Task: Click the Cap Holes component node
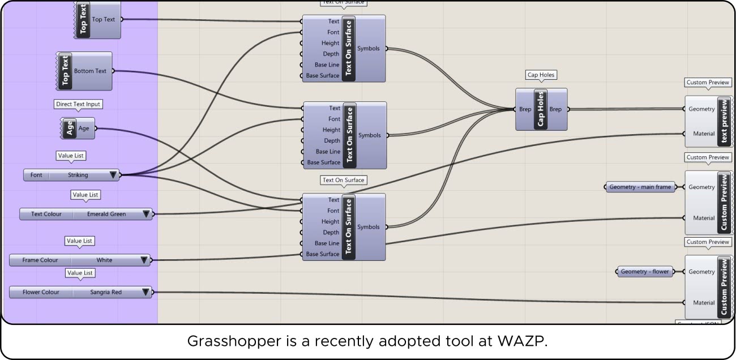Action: [541, 109]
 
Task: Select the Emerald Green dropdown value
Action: [106, 214]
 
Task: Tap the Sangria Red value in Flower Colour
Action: [106, 292]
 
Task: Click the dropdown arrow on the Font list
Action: [113, 175]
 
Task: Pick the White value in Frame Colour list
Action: [104, 260]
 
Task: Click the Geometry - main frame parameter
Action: [640, 187]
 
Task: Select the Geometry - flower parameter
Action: [645, 272]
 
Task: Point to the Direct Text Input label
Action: [79, 104]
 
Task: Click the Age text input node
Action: [78, 128]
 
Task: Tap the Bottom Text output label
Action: [90, 71]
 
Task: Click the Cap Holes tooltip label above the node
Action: [541, 75]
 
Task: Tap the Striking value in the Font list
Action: [78, 175]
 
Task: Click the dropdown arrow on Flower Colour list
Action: [146, 292]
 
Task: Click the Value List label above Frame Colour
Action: [79, 241]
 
